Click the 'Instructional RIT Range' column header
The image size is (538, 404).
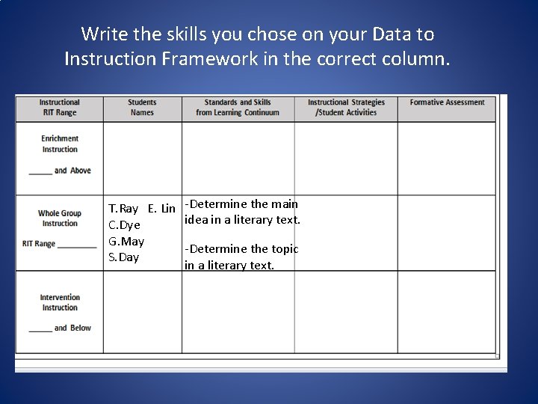point(59,108)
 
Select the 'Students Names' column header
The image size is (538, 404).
point(142,108)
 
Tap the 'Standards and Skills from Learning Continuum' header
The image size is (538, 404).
point(238,108)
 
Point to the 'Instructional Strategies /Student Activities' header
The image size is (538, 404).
point(346,108)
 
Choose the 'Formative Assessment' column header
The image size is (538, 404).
point(447,102)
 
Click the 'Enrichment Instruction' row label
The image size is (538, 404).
point(60,144)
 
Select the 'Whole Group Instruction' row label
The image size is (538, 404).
point(60,218)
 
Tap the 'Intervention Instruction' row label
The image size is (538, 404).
point(60,302)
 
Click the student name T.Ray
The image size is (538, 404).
point(123,209)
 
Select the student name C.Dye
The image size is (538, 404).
point(124,225)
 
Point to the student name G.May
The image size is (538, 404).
point(126,242)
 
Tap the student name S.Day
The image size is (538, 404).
point(124,257)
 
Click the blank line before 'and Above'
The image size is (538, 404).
point(40,173)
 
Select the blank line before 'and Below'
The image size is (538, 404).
point(40,330)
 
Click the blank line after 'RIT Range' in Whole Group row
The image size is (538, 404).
point(77,245)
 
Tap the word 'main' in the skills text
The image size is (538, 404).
point(284,204)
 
